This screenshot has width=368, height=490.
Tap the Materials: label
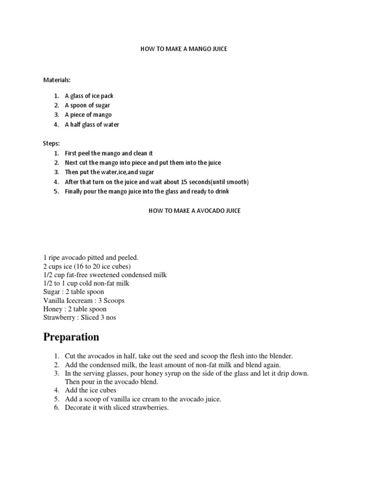[x=57, y=80]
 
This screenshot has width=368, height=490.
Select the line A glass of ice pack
[x=89, y=96]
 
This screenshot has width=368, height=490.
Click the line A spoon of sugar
[x=87, y=105]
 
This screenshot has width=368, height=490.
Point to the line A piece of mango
[x=88, y=115]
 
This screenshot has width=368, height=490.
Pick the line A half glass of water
[x=92, y=124]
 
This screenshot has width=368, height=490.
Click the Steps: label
[x=52, y=143]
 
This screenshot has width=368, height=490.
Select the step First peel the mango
[x=109, y=153]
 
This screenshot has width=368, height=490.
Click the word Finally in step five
[x=75, y=191]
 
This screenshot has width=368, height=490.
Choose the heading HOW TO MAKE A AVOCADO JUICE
[x=193, y=211]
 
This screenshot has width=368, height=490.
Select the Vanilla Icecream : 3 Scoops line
[x=84, y=301]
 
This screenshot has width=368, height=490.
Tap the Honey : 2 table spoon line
[x=75, y=309]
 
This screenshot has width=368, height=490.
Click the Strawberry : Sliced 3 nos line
[x=80, y=318]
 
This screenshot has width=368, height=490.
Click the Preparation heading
[x=71, y=337]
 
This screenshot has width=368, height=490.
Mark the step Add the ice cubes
[x=91, y=390]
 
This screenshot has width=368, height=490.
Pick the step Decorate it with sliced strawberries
[x=117, y=408]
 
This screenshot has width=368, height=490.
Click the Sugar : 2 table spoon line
[x=73, y=292]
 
